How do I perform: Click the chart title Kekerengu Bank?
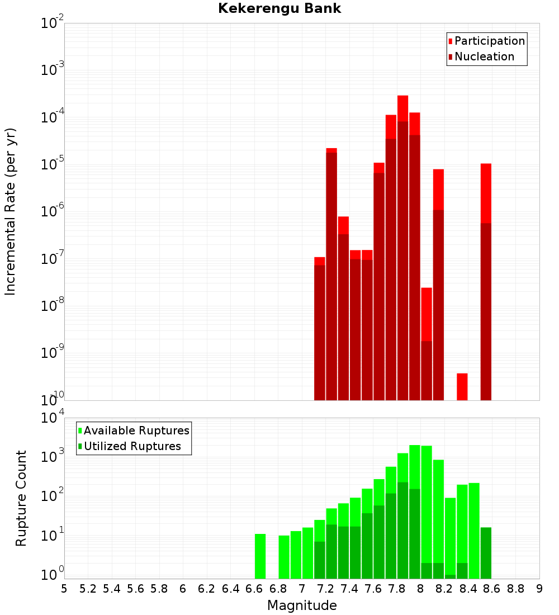coord(279,9)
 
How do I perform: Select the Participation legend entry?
coord(490,41)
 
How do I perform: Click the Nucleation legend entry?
coord(484,56)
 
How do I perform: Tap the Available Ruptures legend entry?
coord(136,430)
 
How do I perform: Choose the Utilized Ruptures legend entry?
coord(132,446)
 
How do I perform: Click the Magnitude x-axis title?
coord(302,605)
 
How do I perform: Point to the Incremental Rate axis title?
coord(11,212)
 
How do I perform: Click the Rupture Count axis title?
coord(21,498)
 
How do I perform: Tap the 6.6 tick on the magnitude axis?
coord(254,589)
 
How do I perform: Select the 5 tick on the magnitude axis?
coord(64,589)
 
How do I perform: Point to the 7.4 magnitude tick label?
coord(349,589)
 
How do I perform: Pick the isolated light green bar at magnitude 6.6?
coord(260,556)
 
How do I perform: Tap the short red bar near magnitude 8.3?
coord(462,386)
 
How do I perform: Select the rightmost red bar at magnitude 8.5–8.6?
coord(486,280)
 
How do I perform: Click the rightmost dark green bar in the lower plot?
coord(486,553)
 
